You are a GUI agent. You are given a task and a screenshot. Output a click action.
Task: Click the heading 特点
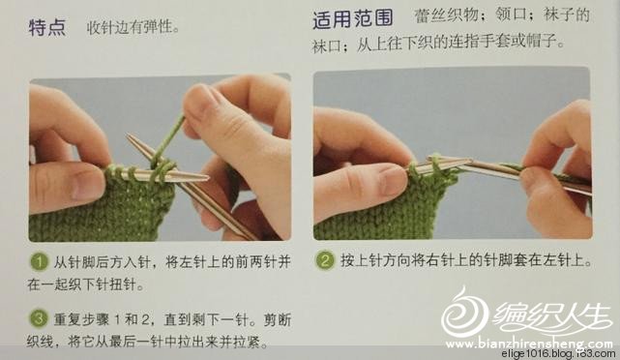tap(47, 28)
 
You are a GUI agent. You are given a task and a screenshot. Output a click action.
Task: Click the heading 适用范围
tap(353, 18)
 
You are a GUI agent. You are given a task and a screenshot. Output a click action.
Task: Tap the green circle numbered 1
tap(39, 262)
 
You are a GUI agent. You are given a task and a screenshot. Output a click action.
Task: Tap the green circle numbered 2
tap(325, 260)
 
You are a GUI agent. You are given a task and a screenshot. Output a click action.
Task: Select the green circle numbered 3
tap(39, 319)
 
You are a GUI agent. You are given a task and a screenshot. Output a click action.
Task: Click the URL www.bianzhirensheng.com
tap(529, 343)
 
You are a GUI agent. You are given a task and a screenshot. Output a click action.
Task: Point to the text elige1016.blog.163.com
tap(557, 353)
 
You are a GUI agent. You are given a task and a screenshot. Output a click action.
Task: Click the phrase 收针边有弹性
tap(130, 27)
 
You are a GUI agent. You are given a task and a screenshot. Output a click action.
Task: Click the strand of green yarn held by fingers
tap(168, 139)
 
